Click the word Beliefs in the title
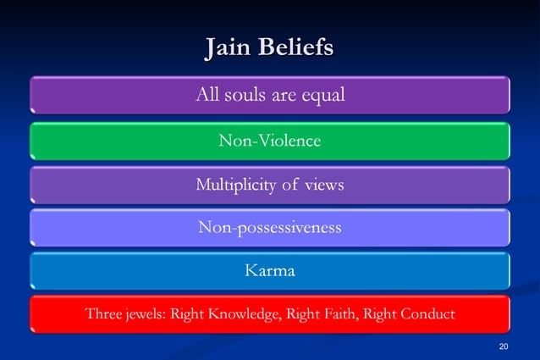point(298,47)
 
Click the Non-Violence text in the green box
point(269,141)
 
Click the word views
point(325,184)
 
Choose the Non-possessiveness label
point(269,227)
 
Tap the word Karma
point(269,271)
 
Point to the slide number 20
point(504,346)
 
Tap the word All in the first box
point(207,95)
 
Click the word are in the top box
point(287,95)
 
